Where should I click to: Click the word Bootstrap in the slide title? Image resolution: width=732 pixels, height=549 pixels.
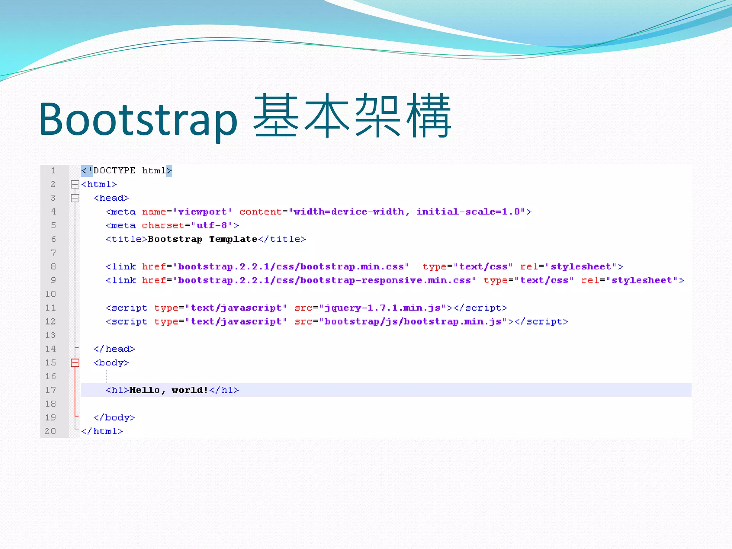138,119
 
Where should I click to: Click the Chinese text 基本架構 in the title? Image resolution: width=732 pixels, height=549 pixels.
352,116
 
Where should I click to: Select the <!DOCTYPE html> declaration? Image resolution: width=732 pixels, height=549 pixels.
126,171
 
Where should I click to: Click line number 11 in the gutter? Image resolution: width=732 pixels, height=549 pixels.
50,308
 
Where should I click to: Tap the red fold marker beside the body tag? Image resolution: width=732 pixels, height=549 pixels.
75,363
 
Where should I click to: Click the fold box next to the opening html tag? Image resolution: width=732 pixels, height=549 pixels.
75,184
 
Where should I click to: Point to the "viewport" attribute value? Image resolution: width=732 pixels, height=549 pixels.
202,212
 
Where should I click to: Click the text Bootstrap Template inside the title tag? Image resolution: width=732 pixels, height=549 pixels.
202,239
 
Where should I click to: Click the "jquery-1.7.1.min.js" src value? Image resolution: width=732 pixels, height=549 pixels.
382,308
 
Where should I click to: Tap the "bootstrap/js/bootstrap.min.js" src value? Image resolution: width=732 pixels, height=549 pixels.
413,322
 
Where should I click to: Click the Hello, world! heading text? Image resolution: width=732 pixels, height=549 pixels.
168,390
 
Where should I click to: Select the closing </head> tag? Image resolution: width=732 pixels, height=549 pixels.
114,349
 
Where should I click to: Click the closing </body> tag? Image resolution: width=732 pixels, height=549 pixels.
114,418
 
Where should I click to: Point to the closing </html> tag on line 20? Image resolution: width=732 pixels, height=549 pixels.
102,431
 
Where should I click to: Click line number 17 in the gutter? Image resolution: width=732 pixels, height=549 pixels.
50,390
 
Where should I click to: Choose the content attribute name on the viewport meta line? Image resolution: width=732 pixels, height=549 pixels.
260,212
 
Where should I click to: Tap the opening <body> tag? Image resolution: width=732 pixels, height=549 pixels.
111,363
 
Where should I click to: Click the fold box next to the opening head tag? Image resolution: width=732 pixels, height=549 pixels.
75,198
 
